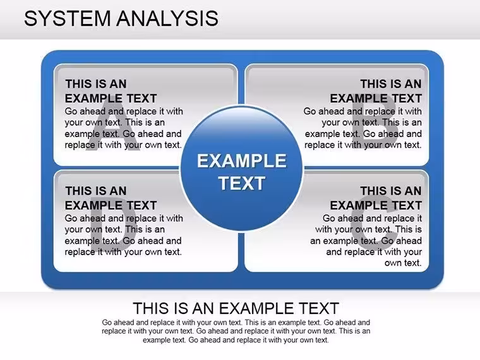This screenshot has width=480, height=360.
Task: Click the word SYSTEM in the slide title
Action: click(67, 18)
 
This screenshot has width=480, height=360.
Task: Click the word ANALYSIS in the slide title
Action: click(167, 18)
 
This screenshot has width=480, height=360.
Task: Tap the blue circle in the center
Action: click(241, 169)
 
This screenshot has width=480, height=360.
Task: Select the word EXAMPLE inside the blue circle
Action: click(241, 160)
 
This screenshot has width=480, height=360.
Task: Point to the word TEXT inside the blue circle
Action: click(242, 183)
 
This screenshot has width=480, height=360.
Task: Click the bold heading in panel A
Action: click(111, 91)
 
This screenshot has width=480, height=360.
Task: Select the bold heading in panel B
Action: click(376, 91)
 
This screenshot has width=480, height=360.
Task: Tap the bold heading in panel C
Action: click(376, 198)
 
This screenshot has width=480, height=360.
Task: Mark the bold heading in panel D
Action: click(111, 198)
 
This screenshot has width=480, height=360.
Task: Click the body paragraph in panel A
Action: click(124, 128)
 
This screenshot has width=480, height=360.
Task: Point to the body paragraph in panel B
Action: click(363, 128)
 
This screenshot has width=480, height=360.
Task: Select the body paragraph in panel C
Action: click(366, 240)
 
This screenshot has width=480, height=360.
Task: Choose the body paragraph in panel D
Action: click(124, 235)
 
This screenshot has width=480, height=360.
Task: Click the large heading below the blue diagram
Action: click(236, 308)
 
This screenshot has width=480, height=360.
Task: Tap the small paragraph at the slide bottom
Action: click(236, 331)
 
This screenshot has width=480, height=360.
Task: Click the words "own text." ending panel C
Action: click(403, 263)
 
